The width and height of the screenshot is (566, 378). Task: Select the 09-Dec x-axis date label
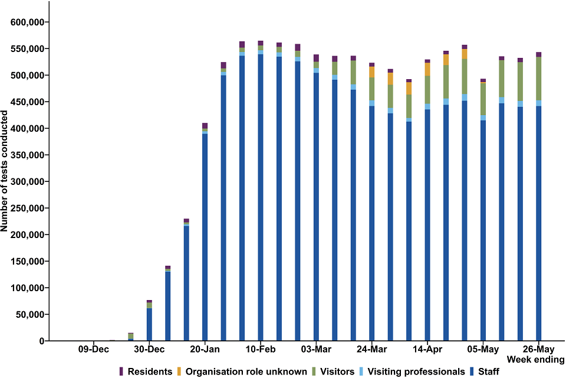point(93,349)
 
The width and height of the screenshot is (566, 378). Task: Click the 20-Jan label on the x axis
point(205,349)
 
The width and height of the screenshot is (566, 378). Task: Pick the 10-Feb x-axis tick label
point(260,349)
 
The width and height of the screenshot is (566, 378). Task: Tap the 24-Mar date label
point(371,349)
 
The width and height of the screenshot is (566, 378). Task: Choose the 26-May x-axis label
point(538,349)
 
